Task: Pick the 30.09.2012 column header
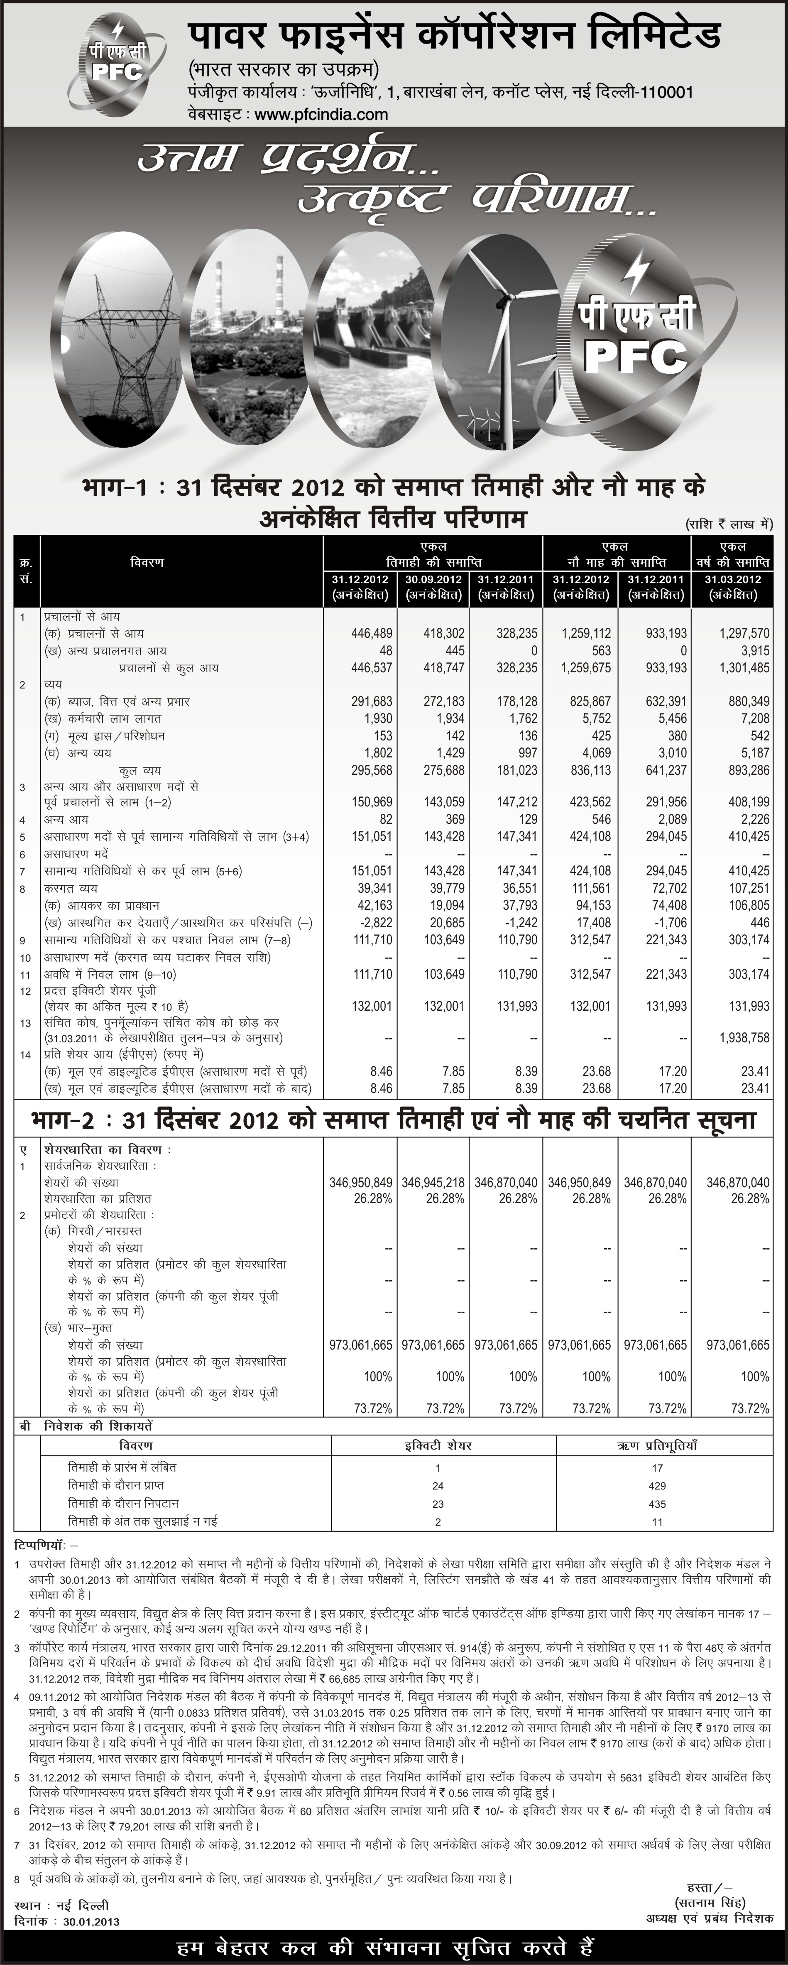pyautogui.click(x=433, y=579)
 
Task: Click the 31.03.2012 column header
pyautogui.click(x=732, y=579)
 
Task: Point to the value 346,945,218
pyautogui.click(x=433, y=1182)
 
